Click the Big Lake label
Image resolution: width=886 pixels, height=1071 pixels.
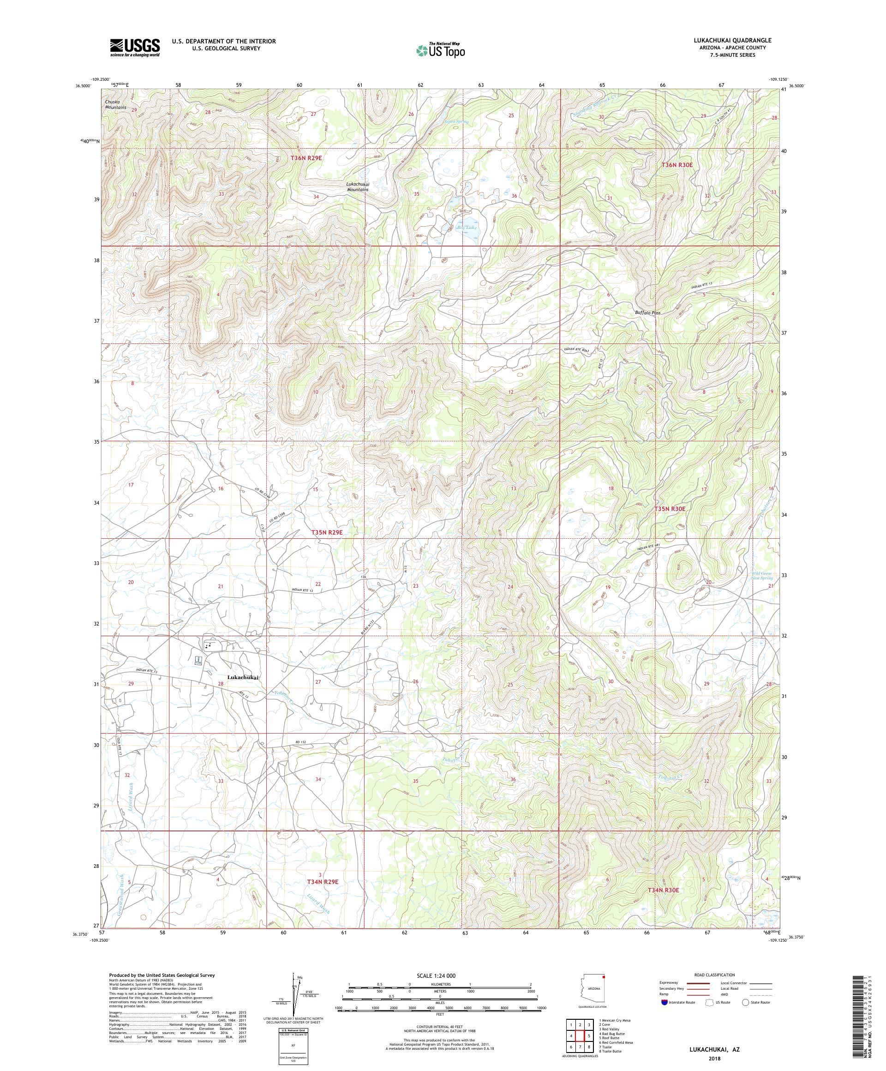(467, 228)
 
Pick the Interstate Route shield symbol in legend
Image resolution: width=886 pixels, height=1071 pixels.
(664, 1002)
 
